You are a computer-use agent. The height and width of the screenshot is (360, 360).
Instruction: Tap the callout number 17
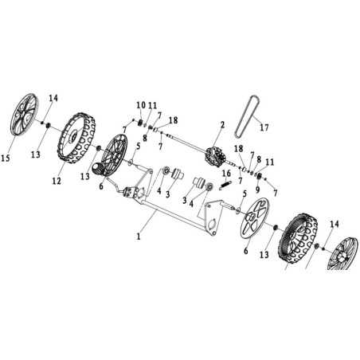tap(264, 127)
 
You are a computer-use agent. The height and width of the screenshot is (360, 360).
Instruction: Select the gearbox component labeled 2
tap(216, 158)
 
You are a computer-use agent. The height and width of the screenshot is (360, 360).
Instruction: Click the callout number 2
tap(222, 124)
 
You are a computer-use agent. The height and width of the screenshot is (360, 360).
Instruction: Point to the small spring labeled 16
tap(226, 184)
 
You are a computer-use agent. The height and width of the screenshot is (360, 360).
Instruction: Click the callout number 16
tap(226, 174)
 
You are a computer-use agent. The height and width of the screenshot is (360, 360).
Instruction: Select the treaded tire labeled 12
tap(76, 138)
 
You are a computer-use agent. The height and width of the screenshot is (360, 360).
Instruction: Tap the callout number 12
tap(57, 181)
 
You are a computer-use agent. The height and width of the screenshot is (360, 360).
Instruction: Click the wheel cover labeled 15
tap(24, 115)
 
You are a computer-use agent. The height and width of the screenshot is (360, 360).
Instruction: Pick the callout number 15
tap(6, 158)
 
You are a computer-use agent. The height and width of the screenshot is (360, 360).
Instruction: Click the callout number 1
tap(138, 236)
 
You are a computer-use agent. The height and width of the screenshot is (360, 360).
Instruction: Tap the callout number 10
tap(141, 105)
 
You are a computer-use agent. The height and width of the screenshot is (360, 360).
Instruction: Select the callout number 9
tap(257, 190)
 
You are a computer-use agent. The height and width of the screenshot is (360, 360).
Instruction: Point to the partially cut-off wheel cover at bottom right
tap(339, 254)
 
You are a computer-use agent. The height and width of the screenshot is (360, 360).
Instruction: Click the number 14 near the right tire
tap(335, 225)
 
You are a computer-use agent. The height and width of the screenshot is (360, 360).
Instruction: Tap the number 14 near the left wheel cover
tap(53, 98)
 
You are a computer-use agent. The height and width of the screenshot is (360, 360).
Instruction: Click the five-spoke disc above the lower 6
tap(255, 218)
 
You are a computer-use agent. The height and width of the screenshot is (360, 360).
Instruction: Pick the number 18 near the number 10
tap(173, 120)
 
